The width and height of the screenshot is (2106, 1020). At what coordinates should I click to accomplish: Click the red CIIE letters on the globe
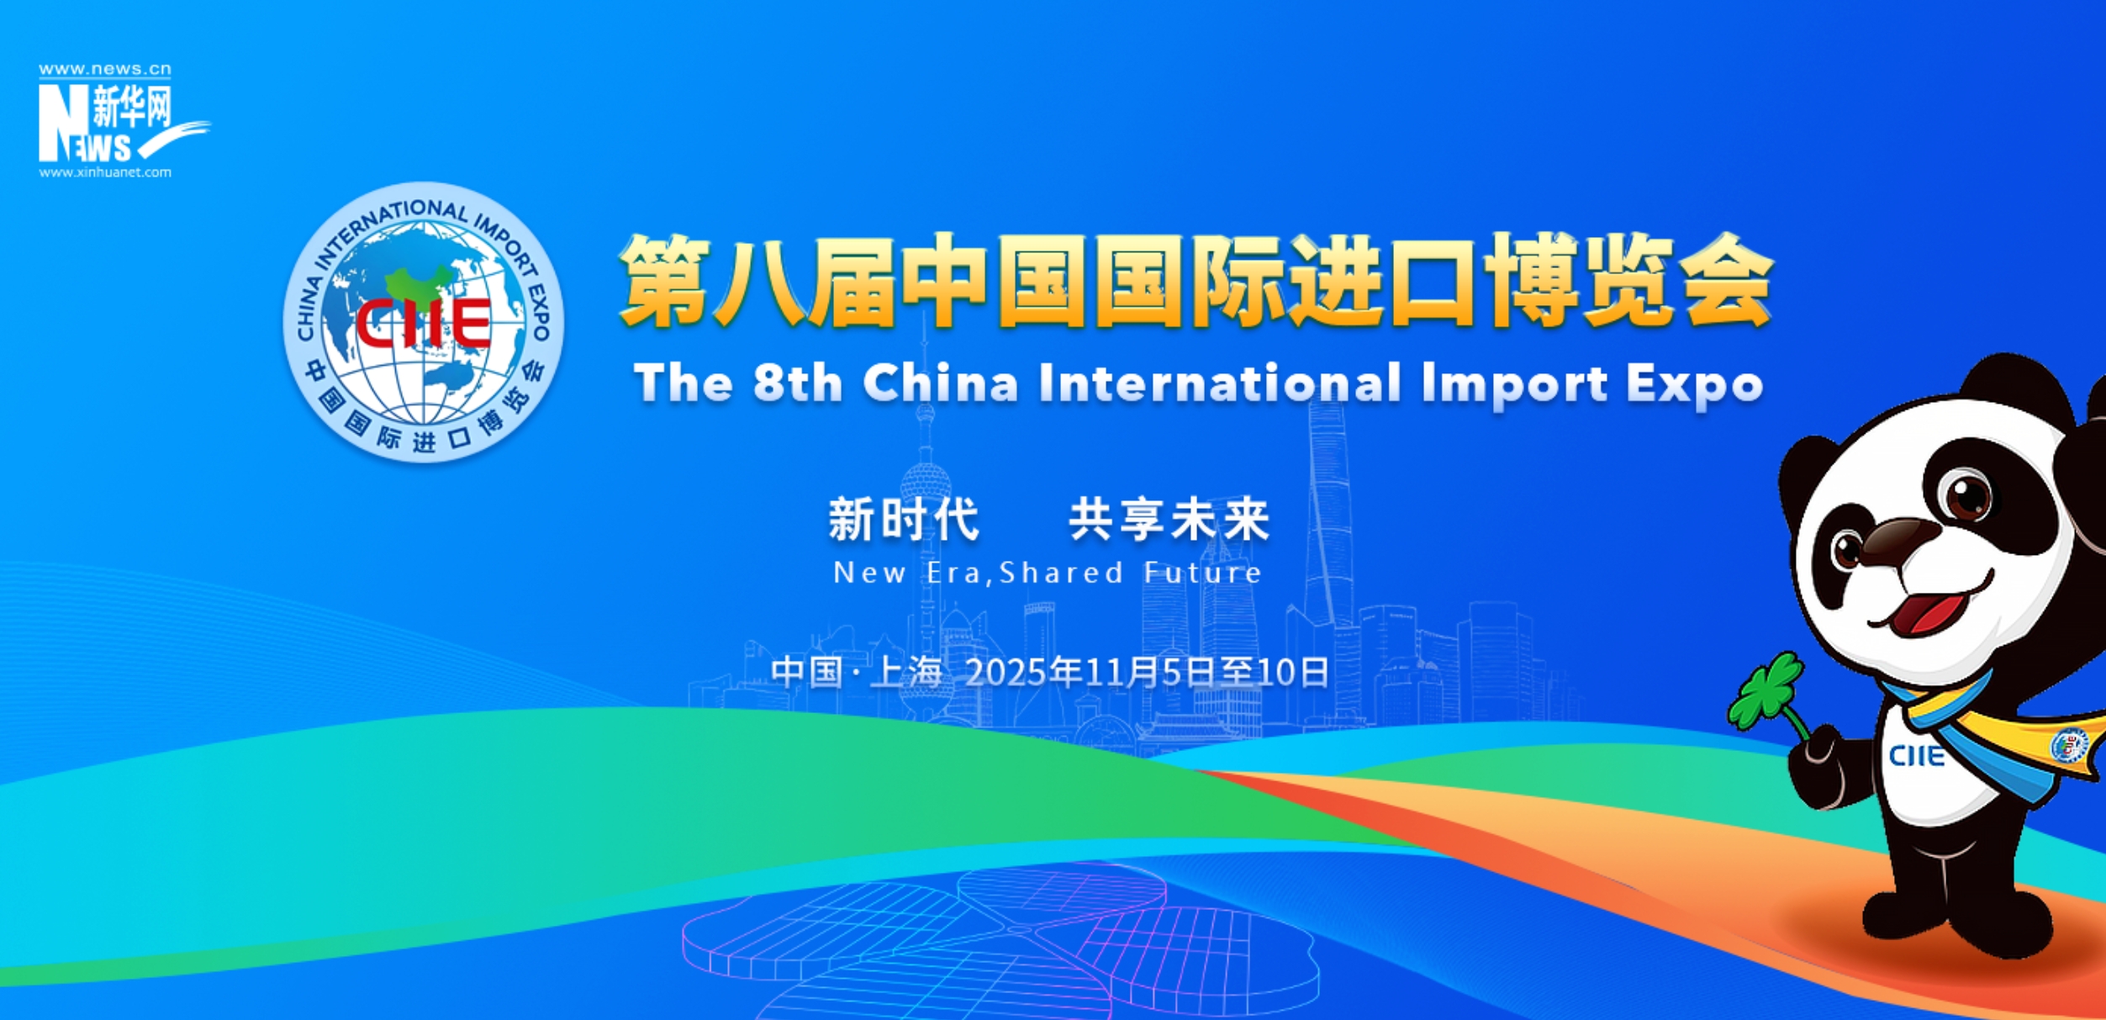pyautogui.click(x=423, y=323)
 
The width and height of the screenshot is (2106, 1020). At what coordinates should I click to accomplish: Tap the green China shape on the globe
pyautogui.click(x=418, y=283)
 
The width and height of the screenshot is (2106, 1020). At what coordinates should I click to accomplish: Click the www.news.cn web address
pyautogui.click(x=105, y=69)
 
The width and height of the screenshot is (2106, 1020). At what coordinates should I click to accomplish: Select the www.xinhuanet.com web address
pyautogui.click(x=105, y=172)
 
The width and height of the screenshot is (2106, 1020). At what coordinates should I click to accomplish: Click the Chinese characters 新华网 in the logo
pyautogui.click(x=132, y=107)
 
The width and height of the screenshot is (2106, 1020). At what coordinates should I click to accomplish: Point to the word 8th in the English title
pyautogui.click(x=797, y=383)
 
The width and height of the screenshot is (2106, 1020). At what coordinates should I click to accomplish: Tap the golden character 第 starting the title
pyautogui.click(x=664, y=280)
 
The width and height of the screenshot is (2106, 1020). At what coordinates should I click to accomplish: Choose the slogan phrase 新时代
pyautogui.click(x=904, y=519)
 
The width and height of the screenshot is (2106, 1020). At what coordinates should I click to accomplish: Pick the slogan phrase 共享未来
pyautogui.click(x=1169, y=519)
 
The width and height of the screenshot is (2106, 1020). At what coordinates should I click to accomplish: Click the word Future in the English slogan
pyautogui.click(x=1202, y=573)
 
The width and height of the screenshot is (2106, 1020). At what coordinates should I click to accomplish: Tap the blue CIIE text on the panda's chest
pyautogui.click(x=1917, y=756)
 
